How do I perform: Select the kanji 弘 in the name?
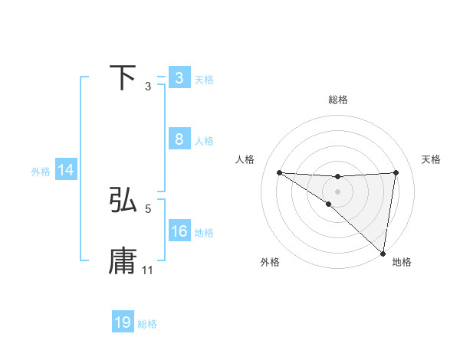coord(123,200)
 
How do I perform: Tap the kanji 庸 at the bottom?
coord(123,261)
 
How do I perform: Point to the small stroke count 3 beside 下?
coord(148,87)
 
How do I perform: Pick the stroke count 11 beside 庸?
coord(148,270)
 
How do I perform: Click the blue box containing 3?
coord(179,78)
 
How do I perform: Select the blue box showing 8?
coord(179,139)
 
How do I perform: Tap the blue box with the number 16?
coord(179,231)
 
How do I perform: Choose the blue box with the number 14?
coord(66,170)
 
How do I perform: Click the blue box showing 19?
coord(123,322)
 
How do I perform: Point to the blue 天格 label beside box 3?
coord(204,79)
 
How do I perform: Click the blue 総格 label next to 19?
coord(147,323)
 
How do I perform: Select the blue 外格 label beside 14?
coord(41,172)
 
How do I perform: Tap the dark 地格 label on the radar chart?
coord(402,263)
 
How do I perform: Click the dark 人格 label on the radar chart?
coord(245,159)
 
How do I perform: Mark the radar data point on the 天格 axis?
coord(396,172)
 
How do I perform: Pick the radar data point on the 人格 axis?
coord(279,172)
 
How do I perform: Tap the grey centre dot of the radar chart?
coord(337,191)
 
